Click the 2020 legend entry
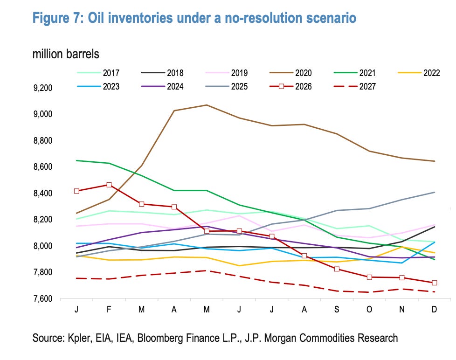tap(290, 73)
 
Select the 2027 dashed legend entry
tap(354, 86)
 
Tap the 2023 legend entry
tap(98, 86)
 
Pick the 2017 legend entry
tap(98, 73)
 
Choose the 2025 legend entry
tap(227, 86)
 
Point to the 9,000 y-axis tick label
tap(43, 114)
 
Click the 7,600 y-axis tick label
tap(43, 298)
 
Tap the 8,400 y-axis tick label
tap(43, 193)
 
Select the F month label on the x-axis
tap(109, 309)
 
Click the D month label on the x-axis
tap(434, 309)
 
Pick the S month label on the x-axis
tap(337, 309)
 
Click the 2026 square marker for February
tap(109, 185)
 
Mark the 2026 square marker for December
tap(435, 283)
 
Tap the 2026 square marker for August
tap(304, 256)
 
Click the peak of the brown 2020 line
tap(207, 105)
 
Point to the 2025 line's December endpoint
tap(435, 192)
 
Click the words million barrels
tap(66, 54)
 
